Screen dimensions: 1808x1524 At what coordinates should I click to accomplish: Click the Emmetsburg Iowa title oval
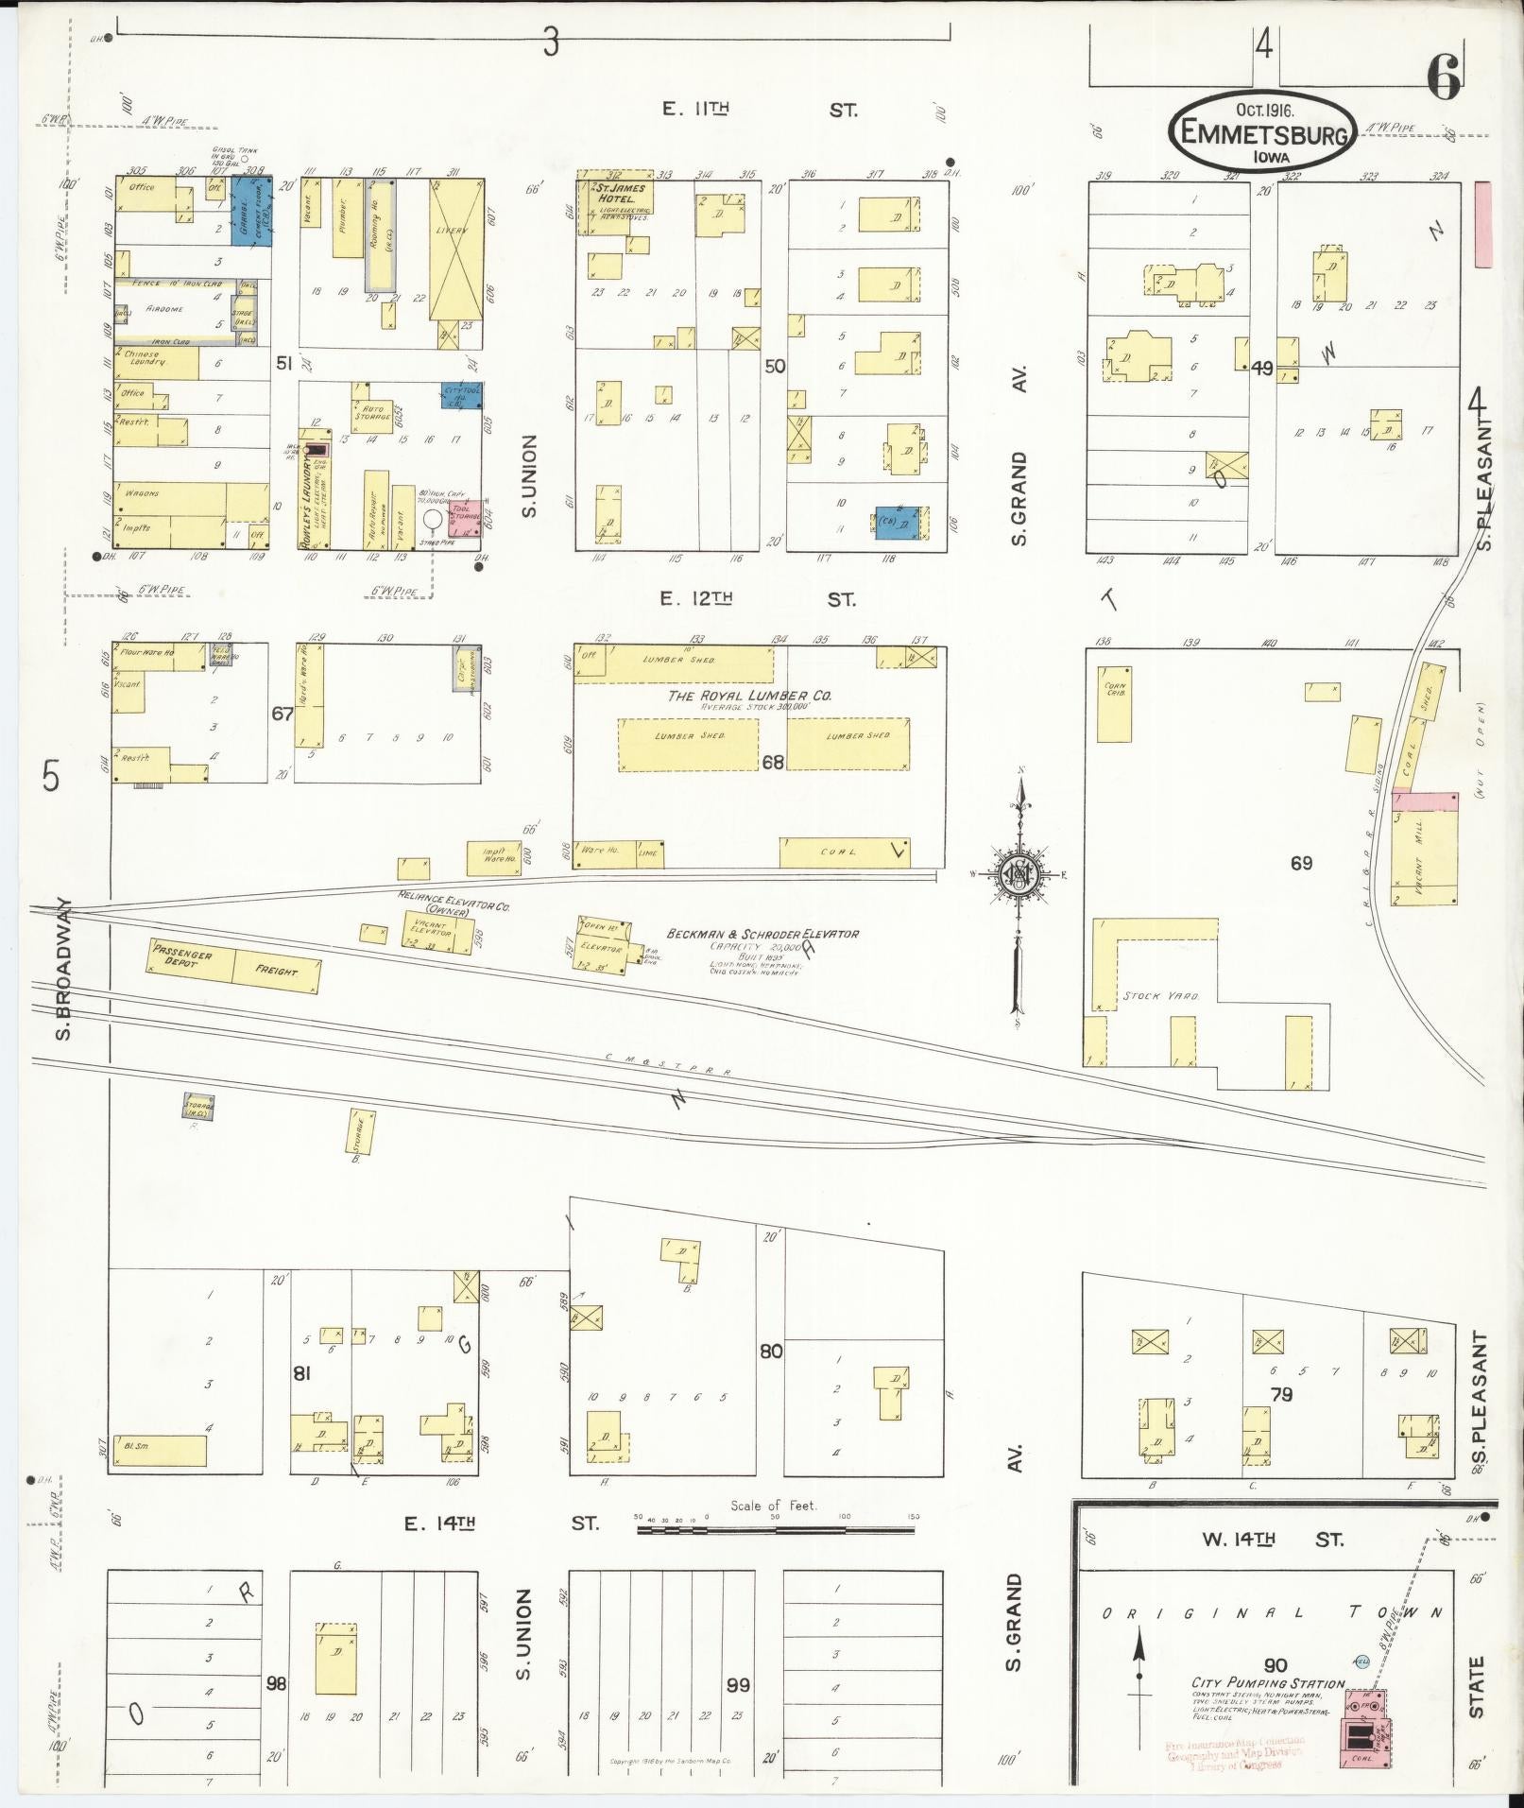pos(1263,131)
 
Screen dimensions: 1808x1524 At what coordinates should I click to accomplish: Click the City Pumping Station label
pos(1267,1683)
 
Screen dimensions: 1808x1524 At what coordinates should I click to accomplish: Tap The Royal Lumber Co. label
pos(749,696)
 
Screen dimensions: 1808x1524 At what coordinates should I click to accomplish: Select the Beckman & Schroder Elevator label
pos(762,934)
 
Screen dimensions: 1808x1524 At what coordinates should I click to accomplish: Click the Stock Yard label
pos(1147,996)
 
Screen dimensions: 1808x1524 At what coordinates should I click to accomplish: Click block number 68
pos(772,762)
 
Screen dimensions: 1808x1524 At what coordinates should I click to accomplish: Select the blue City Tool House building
pos(460,395)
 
